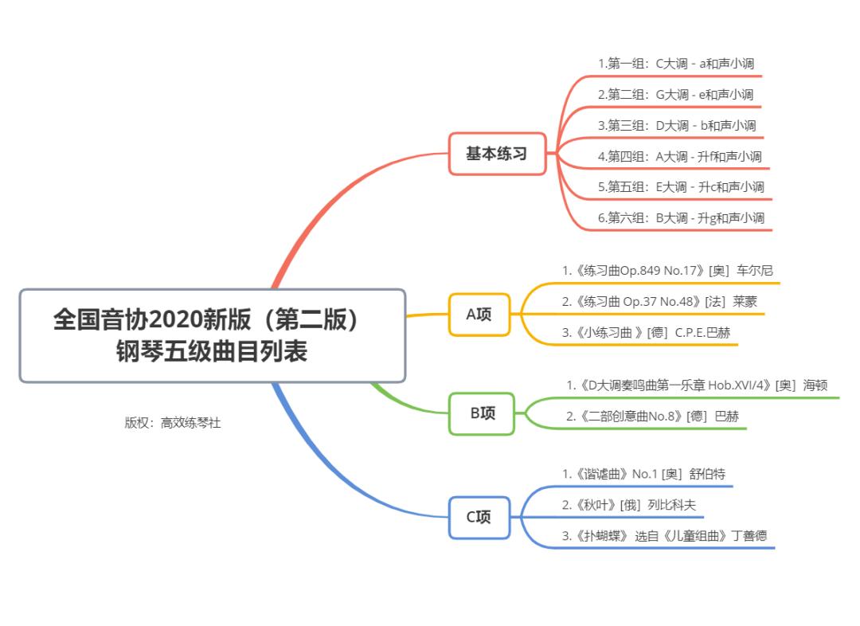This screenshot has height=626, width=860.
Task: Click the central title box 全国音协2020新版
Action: coord(212,335)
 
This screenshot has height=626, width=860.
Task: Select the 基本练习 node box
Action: coord(496,154)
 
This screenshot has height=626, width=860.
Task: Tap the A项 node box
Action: coord(479,314)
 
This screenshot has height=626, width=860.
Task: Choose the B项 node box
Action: coord(482,413)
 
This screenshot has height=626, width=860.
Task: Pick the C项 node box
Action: coord(479,517)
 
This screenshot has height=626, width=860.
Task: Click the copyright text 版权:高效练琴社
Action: coord(172,423)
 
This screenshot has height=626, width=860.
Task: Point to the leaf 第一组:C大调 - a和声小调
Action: coord(675,63)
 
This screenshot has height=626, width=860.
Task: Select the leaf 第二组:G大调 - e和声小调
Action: coord(675,94)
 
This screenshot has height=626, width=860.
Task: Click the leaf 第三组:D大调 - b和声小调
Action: coord(677,125)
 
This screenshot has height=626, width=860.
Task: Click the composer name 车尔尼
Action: coord(755,271)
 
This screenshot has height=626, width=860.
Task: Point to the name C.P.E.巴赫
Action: coord(702,333)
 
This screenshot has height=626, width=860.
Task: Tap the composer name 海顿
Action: coord(815,385)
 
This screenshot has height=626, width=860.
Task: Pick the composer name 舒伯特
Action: coord(707,474)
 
